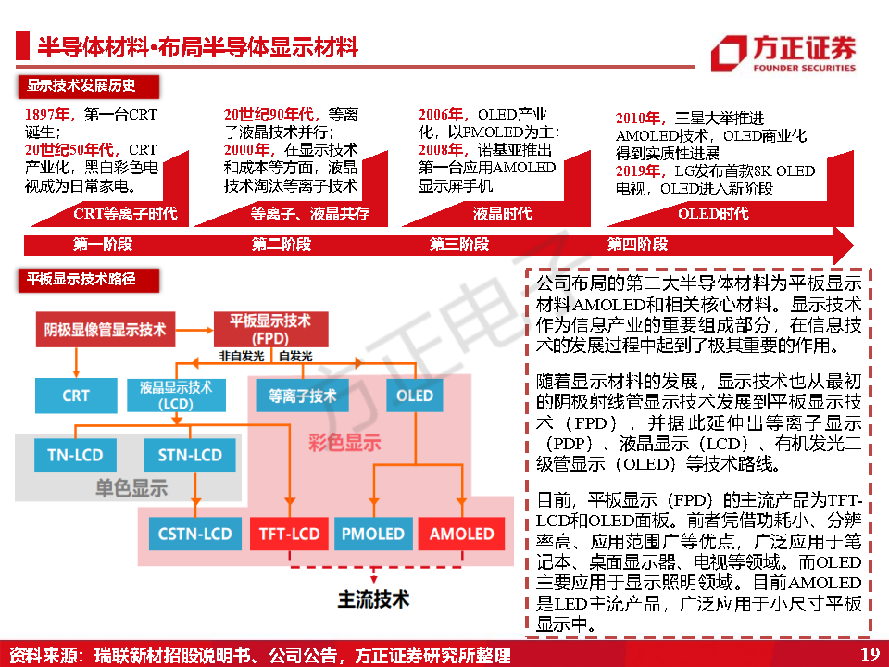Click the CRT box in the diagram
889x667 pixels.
[x=76, y=396]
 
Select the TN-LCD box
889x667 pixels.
[x=75, y=455]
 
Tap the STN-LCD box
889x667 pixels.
[x=190, y=455]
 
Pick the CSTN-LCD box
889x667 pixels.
[x=194, y=534]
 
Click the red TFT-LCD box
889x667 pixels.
[x=289, y=534]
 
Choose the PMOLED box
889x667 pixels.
[x=372, y=534]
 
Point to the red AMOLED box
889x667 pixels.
[x=461, y=534]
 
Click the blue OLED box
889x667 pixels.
[x=414, y=396]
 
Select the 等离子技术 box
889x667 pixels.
[x=302, y=396]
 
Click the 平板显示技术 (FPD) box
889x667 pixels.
[x=270, y=327]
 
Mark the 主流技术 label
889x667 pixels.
[x=372, y=598]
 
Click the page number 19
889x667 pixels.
[x=869, y=655]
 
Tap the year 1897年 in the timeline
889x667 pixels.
[x=48, y=115]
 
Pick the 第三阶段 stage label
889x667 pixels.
[x=458, y=245]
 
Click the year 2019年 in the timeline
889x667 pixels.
[x=640, y=171]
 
